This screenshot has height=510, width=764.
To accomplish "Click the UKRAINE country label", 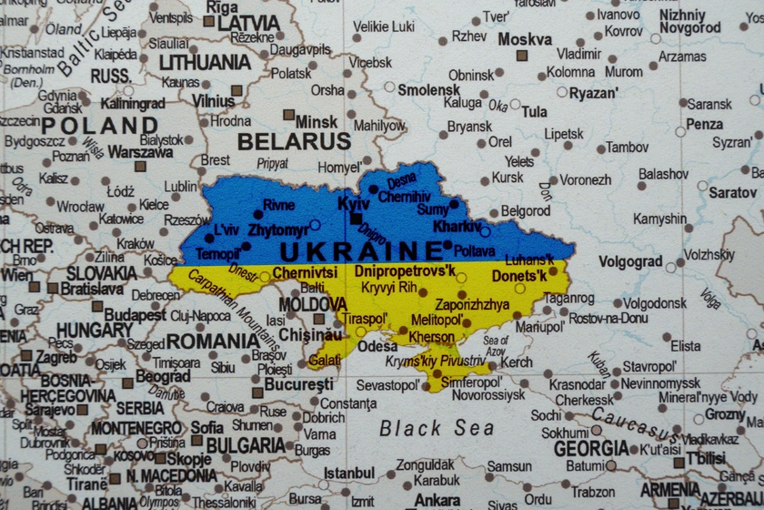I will [361, 251].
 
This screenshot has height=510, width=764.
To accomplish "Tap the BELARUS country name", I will [293, 141].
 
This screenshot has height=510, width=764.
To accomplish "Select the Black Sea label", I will [437, 428].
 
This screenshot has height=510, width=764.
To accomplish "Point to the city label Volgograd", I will [630, 261].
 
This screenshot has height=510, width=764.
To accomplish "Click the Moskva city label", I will [525, 39].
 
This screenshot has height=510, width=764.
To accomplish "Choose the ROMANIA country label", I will [213, 341].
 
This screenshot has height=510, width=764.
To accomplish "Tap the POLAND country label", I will [99, 126].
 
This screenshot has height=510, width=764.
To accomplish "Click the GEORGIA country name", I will [591, 448].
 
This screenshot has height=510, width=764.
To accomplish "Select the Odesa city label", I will [377, 346].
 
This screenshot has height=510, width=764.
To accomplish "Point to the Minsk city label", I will [317, 121].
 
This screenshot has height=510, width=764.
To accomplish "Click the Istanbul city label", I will [349, 473].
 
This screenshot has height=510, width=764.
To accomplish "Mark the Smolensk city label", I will [428, 90].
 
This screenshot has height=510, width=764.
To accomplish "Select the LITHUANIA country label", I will [205, 63].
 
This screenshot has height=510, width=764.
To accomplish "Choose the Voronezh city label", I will [585, 180].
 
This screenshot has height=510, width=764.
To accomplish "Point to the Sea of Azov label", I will [496, 345].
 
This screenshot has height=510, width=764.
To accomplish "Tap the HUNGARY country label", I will [95, 331].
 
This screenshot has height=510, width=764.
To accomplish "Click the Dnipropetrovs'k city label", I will [405, 271].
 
